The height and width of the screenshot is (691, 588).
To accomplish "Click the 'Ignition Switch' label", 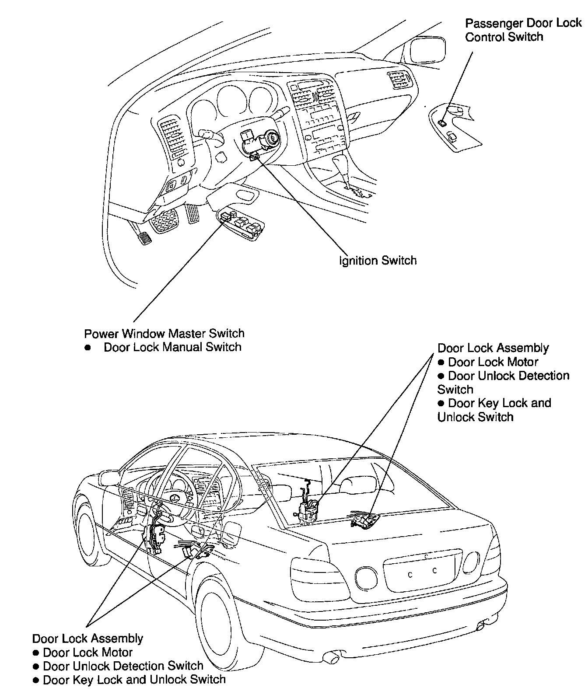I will click(378, 261).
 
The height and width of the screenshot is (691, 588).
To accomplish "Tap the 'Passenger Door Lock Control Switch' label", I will click(523, 30).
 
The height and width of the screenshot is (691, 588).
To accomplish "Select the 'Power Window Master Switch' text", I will click(164, 333).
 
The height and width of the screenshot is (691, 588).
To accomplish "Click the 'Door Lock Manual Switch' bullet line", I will click(172, 347).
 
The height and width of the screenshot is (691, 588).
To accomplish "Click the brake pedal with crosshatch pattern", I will click(163, 219).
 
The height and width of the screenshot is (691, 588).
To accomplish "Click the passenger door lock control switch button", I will click(443, 123).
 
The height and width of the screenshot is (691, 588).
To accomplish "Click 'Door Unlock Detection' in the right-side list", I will click(509, 376).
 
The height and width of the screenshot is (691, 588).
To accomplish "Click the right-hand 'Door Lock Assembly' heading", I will click(493, 348).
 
